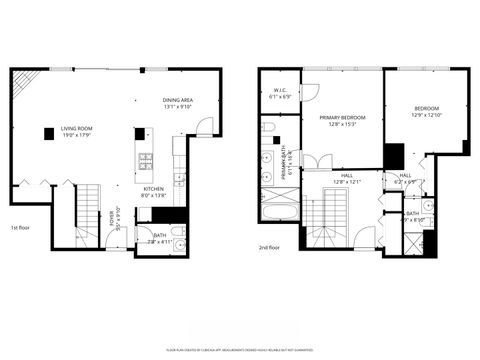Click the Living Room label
(x=78, y=131)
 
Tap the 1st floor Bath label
(x=160, y=237)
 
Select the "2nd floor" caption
(x=267, y=247)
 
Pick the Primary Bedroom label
(x=342, y=121)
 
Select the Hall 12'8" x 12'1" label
(x=347, y=179)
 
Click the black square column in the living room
(x=47, y=134)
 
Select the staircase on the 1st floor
(x=90, y=210)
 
